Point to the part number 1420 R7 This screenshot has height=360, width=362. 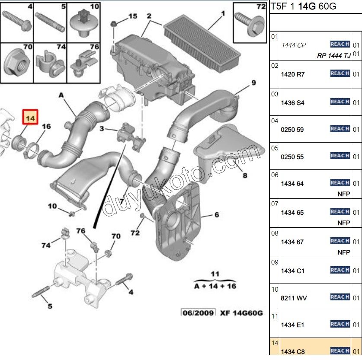click(293, 74)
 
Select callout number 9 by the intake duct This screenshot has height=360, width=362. click(253, 83)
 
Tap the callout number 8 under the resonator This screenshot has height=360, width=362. click(245, 175)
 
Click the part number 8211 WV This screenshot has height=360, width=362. click(294, 298)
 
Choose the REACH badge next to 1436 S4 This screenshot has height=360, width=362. click(340, 102)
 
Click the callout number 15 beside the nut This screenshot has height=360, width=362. click(132, 16)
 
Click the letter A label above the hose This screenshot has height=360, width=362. click(61, 95)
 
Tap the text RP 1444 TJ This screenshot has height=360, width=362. click(333, 55)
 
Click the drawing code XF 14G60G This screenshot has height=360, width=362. click(241, 312)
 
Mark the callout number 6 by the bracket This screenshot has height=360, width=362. click(216, 215)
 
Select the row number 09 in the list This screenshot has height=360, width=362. click(274, 262)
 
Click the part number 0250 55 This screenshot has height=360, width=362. click(292, 157)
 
